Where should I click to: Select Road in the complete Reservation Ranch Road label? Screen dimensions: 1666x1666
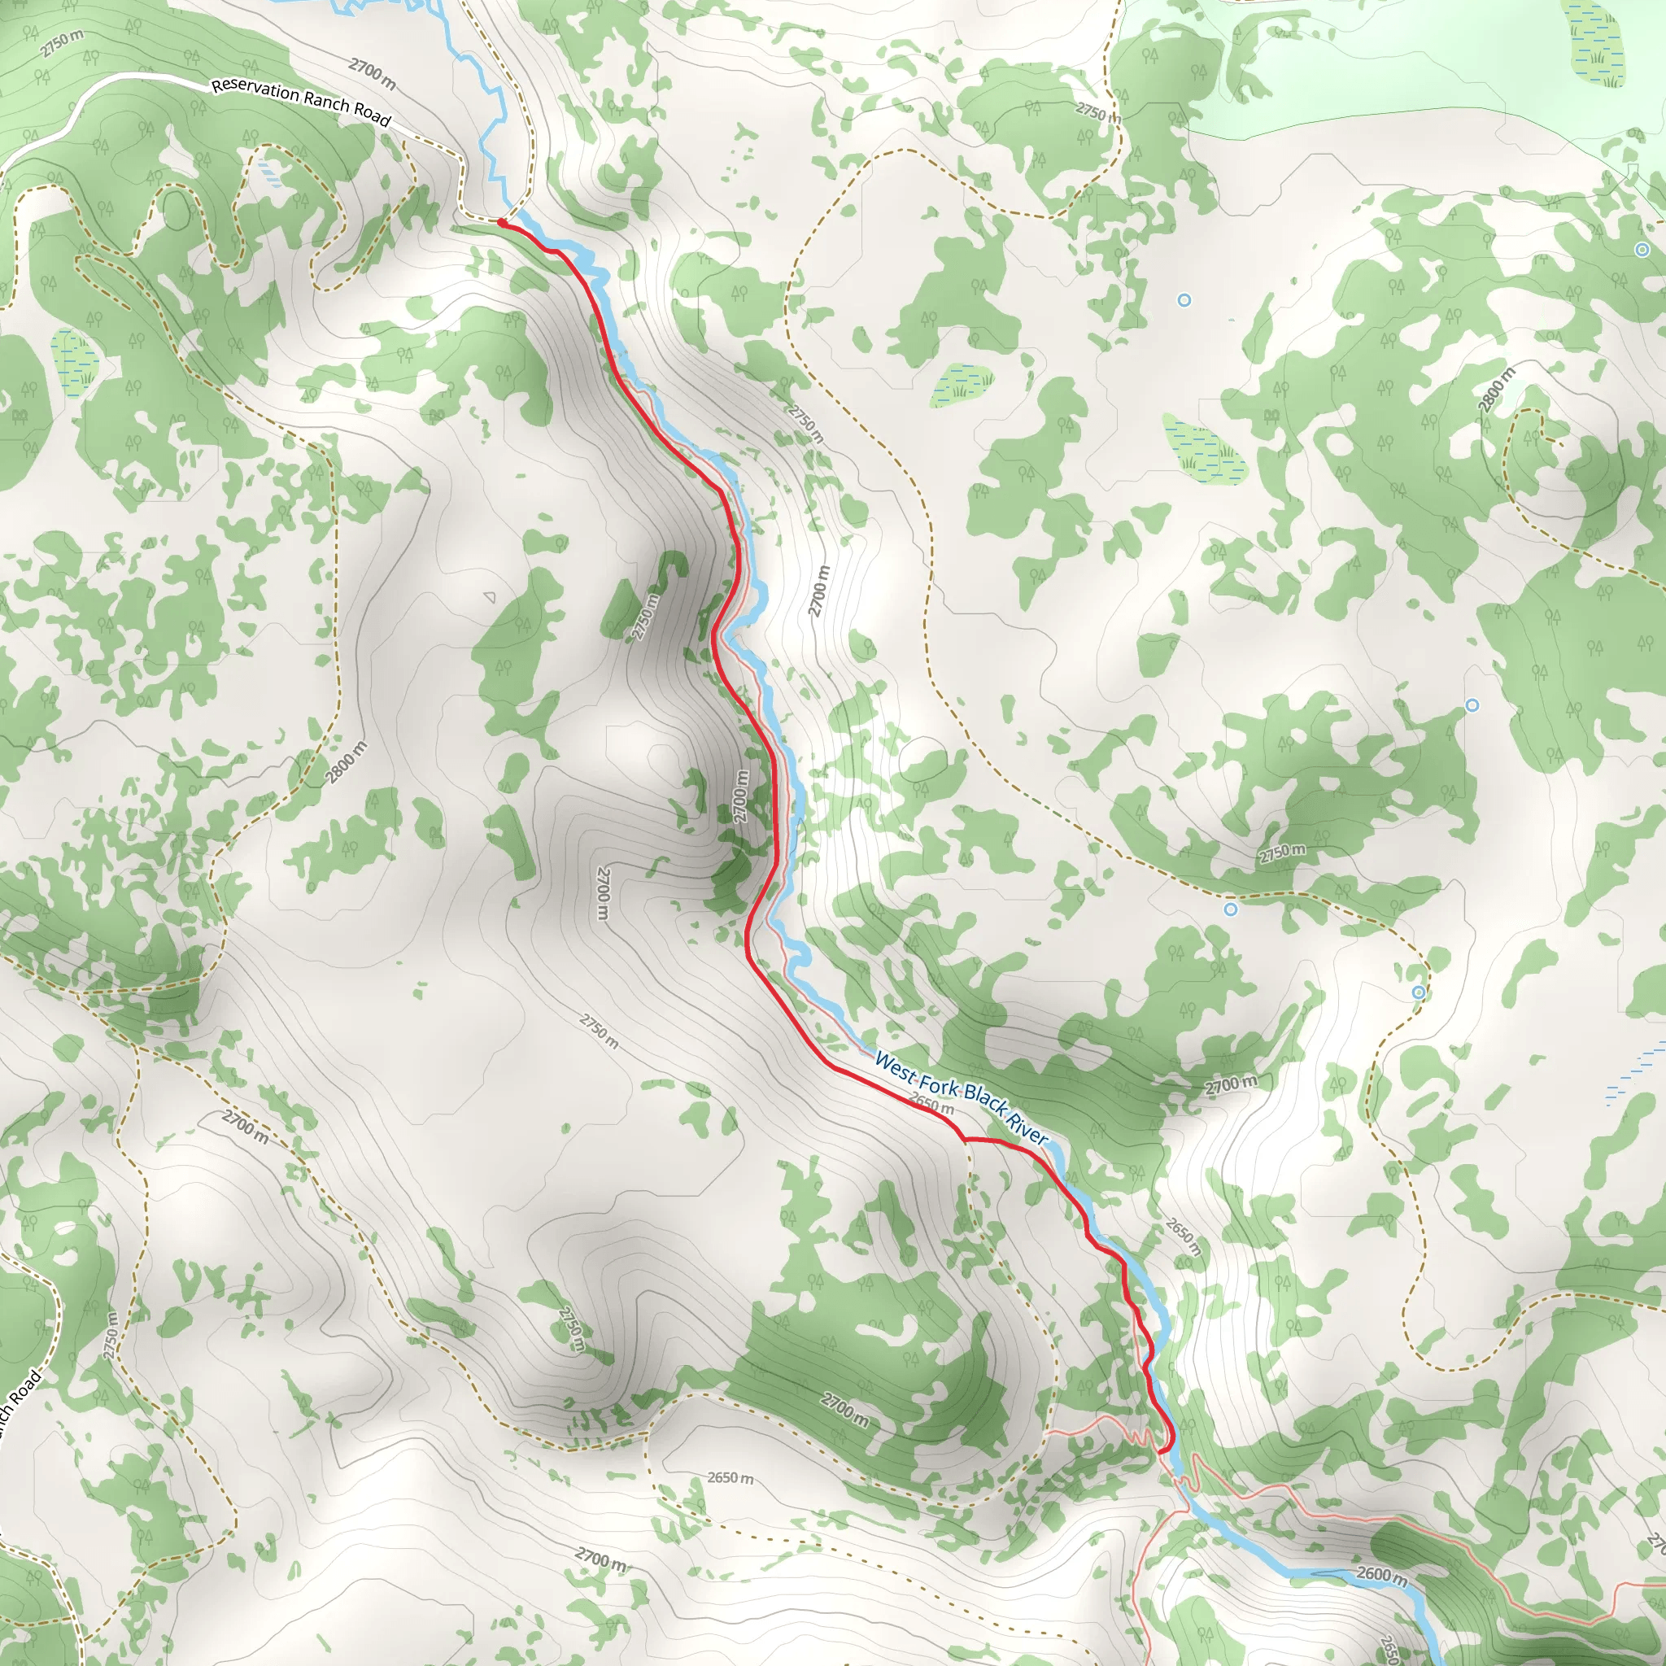pyautogui.click(x=372, y=115)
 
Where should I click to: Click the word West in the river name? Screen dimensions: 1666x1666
pyautogui.click(x=893, y=1064)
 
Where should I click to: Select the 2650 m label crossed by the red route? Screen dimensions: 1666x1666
pyautogui.click(x=933, y=1105)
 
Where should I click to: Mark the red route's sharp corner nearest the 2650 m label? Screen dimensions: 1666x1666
pyautogui.click(x=965, y=1139)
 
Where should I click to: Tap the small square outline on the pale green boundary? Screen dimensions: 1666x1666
pyautogui.click(x=1633, y=169)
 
